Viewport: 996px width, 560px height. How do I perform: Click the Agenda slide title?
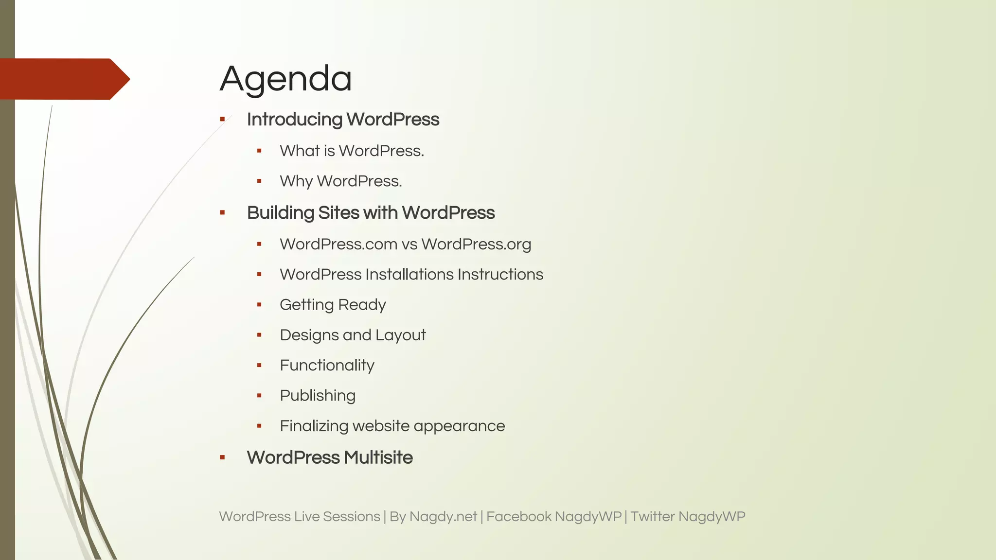click(x=285, y=79)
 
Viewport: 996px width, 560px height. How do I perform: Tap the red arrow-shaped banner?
click(x=63, y=79)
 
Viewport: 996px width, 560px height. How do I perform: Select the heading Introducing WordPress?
click(x=343, y=120)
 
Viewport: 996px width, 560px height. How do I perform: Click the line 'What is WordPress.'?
click(x=352, y=151)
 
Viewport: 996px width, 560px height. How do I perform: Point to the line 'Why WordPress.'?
click(x=340, y=181)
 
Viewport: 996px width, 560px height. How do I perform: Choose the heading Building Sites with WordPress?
click(x=371, y=213)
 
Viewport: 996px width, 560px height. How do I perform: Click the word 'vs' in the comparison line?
click(x=409, y=245)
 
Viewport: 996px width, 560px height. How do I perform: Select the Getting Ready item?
click(x=333, y=305)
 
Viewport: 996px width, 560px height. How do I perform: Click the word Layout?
click(x=400, y=335)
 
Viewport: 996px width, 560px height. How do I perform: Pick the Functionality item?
click(x=327, y=366)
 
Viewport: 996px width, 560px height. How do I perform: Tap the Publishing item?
click(x=318, y=396)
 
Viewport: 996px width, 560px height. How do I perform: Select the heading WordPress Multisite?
click(x=330, y=458)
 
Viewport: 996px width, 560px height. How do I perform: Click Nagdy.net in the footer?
click(x=443, y=517)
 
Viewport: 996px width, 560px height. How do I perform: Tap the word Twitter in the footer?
click(x=652, y=517)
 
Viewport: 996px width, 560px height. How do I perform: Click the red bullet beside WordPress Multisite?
click(x=222, y=457)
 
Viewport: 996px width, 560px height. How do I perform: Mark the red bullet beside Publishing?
click(x=259, y=396)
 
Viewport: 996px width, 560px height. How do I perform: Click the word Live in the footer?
click(x=306, y=517)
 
